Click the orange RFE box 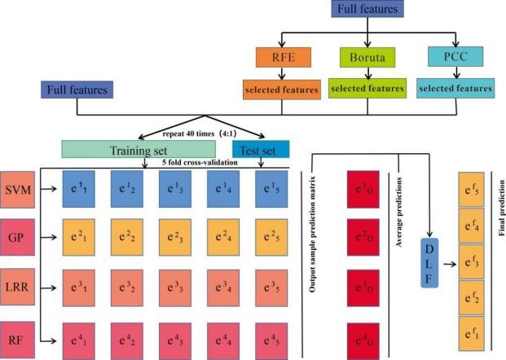pos(284,57)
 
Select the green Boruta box pos(367,57)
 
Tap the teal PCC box pos(455,57)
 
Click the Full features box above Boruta pos(367,9)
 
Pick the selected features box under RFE pos(282,90)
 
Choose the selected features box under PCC pos(455,89)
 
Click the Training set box pos(139,149)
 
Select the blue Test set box pos(261,149)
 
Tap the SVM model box pos(17,190)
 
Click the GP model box pos(17,237)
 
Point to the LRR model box pos(17,287)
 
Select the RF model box pos(17,340)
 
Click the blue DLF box pos(429,263)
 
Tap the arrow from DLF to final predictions pos(450,264)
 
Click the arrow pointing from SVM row pos(48,189)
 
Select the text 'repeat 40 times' pos(188,134)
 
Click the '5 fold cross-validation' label pos(200,162)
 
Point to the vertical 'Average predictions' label pos(399,212)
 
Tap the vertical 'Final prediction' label pos(501,208)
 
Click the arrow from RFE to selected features pos(282,73)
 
